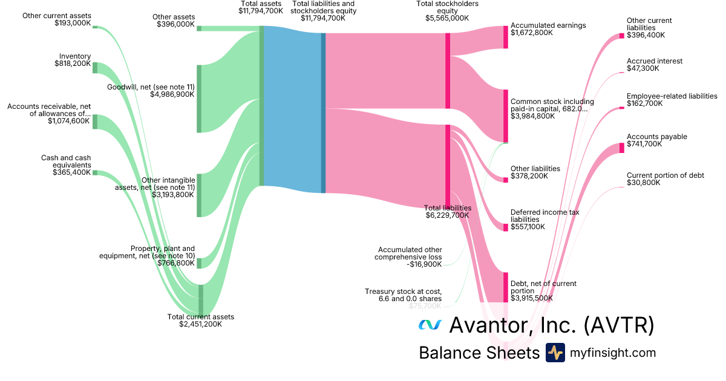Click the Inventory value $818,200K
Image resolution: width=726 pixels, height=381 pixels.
point(73,63)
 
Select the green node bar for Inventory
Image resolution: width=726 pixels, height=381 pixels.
point(95,67)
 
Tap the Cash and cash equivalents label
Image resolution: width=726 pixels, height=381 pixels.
point(66,161)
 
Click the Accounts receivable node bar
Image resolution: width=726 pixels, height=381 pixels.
point(95,121)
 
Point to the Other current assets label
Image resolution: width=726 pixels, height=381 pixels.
point(57,15)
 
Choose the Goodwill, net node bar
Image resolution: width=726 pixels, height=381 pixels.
point(198,98)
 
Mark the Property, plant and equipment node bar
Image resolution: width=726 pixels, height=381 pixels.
point(198,263)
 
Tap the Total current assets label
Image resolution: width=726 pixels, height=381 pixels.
point(200,317)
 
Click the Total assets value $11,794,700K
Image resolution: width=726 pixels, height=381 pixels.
point(261,11)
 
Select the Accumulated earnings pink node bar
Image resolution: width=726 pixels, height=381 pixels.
point(506,37)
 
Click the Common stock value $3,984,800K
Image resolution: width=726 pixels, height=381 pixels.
point(532,116)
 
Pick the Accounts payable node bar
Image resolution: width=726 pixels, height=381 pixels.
point(621,148)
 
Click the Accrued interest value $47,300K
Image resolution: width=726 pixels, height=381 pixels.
point(643,68)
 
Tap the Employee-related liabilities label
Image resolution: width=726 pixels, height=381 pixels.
point(672,96)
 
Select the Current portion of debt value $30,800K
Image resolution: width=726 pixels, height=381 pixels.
point(643,183)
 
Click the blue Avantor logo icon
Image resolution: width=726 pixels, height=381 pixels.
point(430,325)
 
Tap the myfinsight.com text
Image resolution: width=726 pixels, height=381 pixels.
point(613,353)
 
